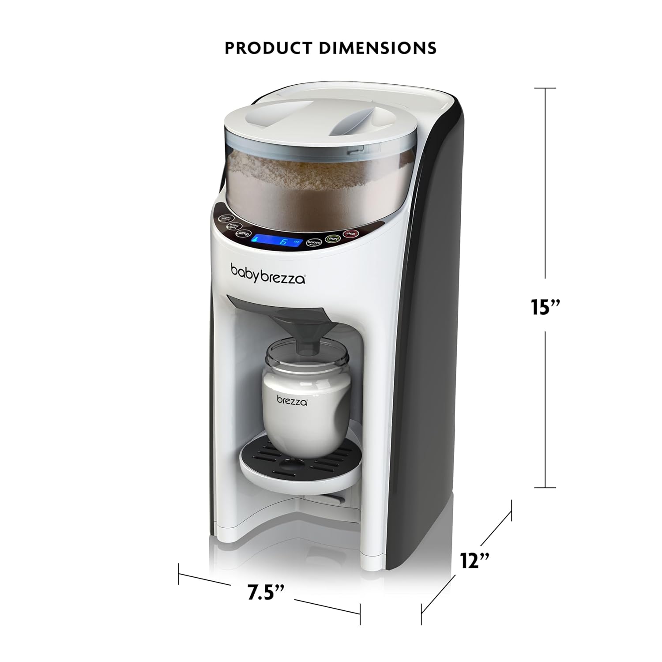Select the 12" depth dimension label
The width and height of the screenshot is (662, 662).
point(474,561)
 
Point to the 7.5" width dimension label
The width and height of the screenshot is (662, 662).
point(265,592)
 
